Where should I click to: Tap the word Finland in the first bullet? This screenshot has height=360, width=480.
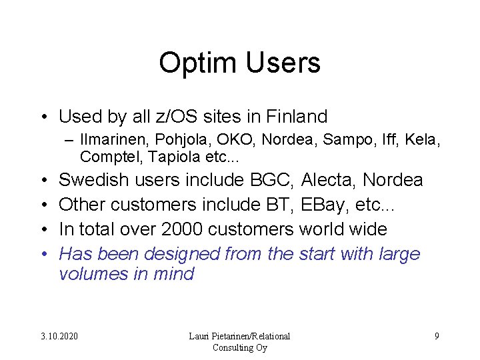[x=297, y=117]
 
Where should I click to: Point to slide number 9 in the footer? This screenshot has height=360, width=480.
[x=437, y=336]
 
